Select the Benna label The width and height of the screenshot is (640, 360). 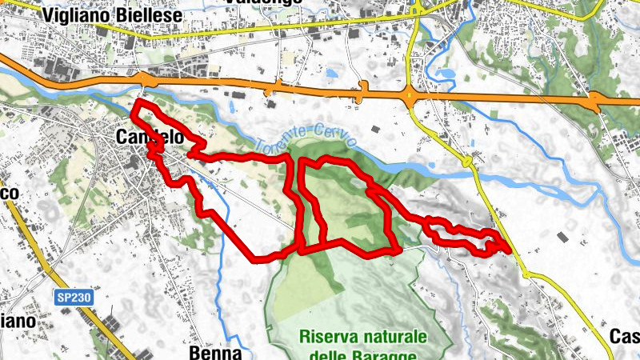tap(215, 352)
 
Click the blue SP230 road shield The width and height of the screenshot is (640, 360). tap(74, 297)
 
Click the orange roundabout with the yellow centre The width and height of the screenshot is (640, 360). tap(411, 97)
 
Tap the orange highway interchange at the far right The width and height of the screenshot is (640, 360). tap(594, 102)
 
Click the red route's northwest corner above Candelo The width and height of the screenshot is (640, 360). tap(136, 103)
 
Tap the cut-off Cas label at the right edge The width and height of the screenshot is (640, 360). tap(625, 335)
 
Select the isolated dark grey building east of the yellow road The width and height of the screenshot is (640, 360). tap(562, 237)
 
